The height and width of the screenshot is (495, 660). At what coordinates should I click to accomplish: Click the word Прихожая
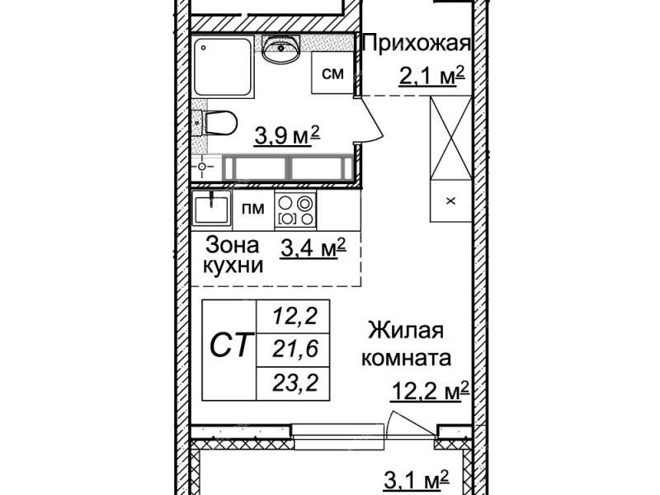tap(416, 44)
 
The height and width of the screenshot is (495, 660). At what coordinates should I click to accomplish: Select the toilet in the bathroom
tap(219, 123)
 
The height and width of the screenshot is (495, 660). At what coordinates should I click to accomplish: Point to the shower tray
tap(224, 68)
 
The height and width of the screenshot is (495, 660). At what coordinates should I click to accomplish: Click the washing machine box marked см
tap(332, 73)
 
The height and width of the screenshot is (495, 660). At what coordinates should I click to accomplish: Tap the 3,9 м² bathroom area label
tap(286, 135)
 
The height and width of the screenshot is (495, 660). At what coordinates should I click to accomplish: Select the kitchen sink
tap(211, 210)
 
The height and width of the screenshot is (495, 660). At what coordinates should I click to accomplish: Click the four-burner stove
tap(295, 210)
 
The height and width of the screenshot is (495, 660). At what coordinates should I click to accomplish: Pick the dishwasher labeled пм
tap(253, 210)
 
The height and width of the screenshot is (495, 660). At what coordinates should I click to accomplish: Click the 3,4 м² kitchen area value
tap(313, 248)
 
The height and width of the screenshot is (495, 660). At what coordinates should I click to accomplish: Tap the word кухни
tap(233, 266)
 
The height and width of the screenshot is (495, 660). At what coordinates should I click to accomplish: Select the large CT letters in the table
tap(232, 345)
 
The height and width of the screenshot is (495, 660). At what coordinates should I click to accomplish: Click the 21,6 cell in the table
tap(295, 349)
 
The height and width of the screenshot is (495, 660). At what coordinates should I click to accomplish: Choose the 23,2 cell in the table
tap(295, 384)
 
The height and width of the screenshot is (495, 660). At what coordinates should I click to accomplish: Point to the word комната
tap(406, 359)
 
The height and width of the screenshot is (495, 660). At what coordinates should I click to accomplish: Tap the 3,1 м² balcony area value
tap(417, 480)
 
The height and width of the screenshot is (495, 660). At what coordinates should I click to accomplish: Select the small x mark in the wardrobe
tap(450, 201)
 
